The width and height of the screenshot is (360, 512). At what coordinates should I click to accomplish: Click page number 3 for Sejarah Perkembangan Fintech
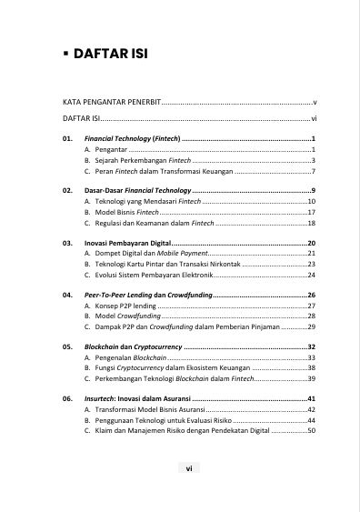[312, 159]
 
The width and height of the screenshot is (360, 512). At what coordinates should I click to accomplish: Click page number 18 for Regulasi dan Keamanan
[310, 223]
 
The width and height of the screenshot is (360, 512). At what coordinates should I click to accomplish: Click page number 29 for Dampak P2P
[310, 326]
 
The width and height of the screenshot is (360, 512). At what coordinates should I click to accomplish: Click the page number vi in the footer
[187, 468]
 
